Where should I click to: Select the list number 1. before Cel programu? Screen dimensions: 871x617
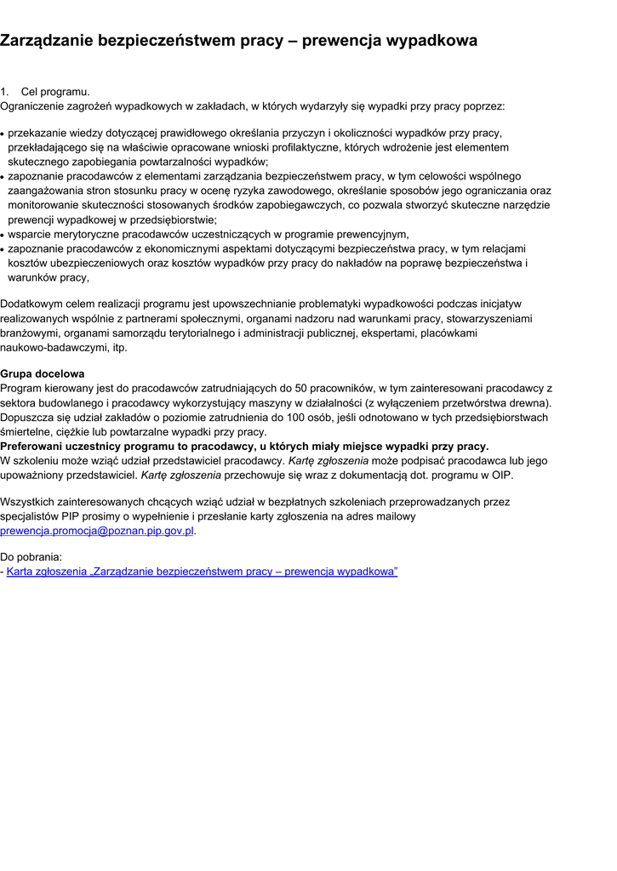point(5,92)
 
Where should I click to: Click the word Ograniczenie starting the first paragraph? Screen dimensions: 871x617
point(34,106)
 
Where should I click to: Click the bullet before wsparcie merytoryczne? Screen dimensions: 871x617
point(3,235)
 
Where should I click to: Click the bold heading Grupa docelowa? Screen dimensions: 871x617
point(43,373)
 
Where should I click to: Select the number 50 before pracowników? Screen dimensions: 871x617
point(301,388)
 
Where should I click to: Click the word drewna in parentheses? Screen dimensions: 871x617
point(528,402)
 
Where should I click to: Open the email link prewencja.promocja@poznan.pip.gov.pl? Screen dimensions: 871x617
point(97,530)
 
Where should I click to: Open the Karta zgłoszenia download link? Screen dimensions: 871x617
point(202,572)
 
